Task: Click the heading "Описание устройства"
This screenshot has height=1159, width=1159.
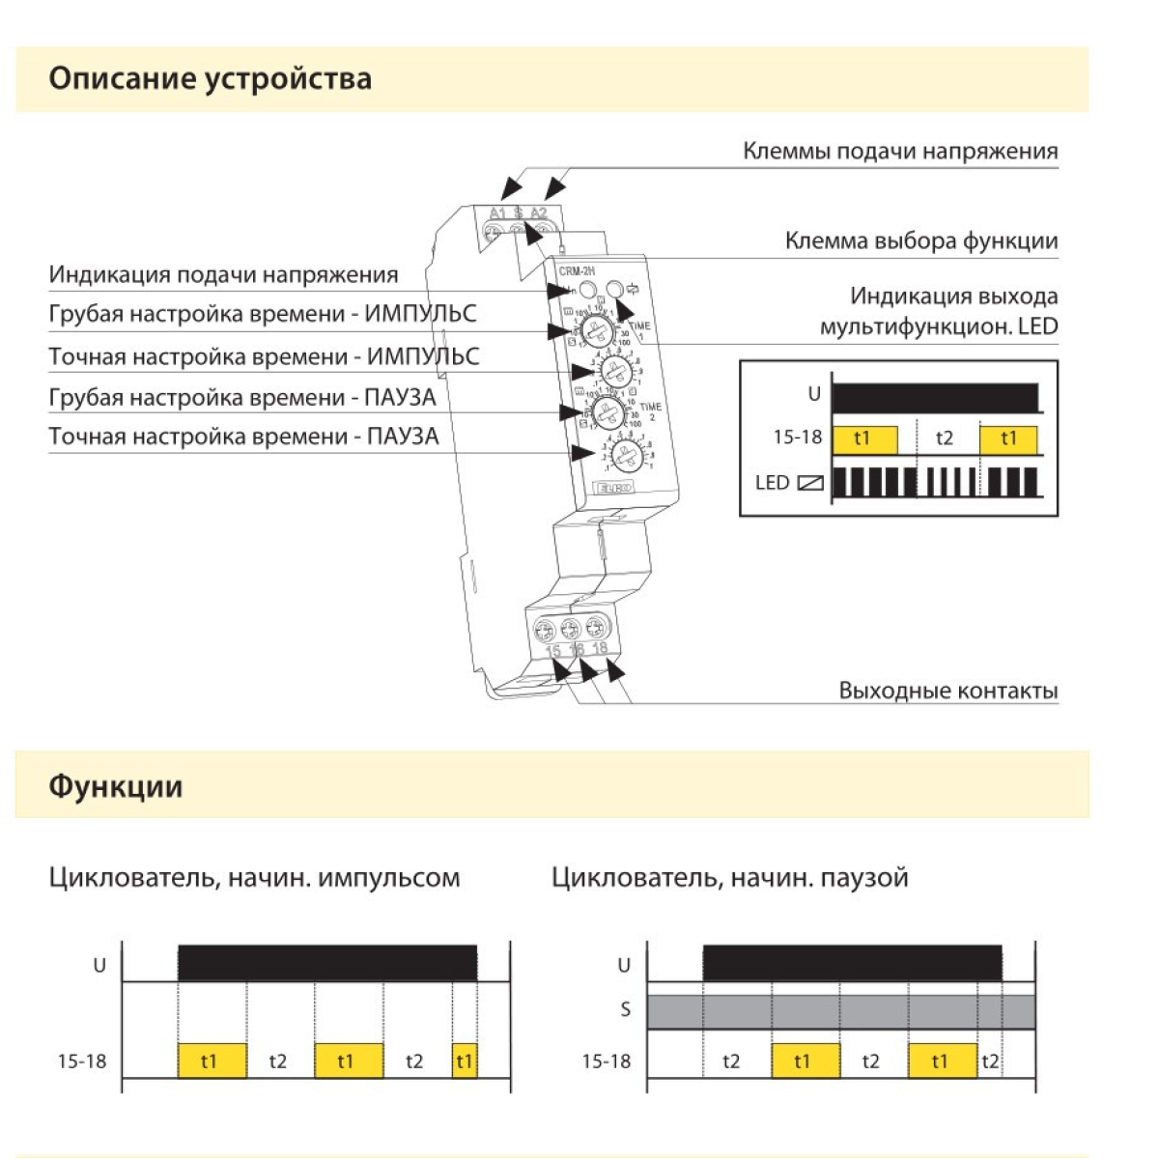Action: tap(210, 78)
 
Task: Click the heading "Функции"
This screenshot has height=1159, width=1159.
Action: tap(115, 786)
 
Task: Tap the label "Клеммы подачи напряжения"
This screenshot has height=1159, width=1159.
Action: tap(899, 152)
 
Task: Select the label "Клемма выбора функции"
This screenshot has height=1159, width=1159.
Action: tap(920, 241)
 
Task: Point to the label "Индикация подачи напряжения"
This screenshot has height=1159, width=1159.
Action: tap(223, 275)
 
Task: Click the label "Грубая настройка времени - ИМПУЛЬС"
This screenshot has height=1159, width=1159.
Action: tap(263, 315)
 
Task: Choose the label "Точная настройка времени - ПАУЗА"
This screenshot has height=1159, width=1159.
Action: tap(243, 437)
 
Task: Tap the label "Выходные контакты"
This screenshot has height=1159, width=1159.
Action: tap(947, 691)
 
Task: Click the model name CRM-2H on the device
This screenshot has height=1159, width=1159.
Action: tap(578, 271)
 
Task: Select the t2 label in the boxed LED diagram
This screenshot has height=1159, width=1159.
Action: tap(945, 438)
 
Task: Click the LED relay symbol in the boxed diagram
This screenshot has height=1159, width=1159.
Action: tap(809, 483)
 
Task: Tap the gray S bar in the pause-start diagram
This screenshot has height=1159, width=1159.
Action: tap(840, 1011)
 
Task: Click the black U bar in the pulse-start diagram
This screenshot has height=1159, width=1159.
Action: tap(327, 963)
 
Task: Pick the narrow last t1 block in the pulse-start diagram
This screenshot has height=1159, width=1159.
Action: tap(465, 1061)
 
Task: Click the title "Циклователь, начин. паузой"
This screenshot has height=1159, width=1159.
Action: tap(729, 878)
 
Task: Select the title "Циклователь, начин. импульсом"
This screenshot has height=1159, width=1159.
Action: tap(254, 878)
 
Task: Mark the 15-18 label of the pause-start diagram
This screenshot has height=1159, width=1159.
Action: tap(606, 1061)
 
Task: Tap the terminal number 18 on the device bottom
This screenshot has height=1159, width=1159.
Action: tap(600, 648)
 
